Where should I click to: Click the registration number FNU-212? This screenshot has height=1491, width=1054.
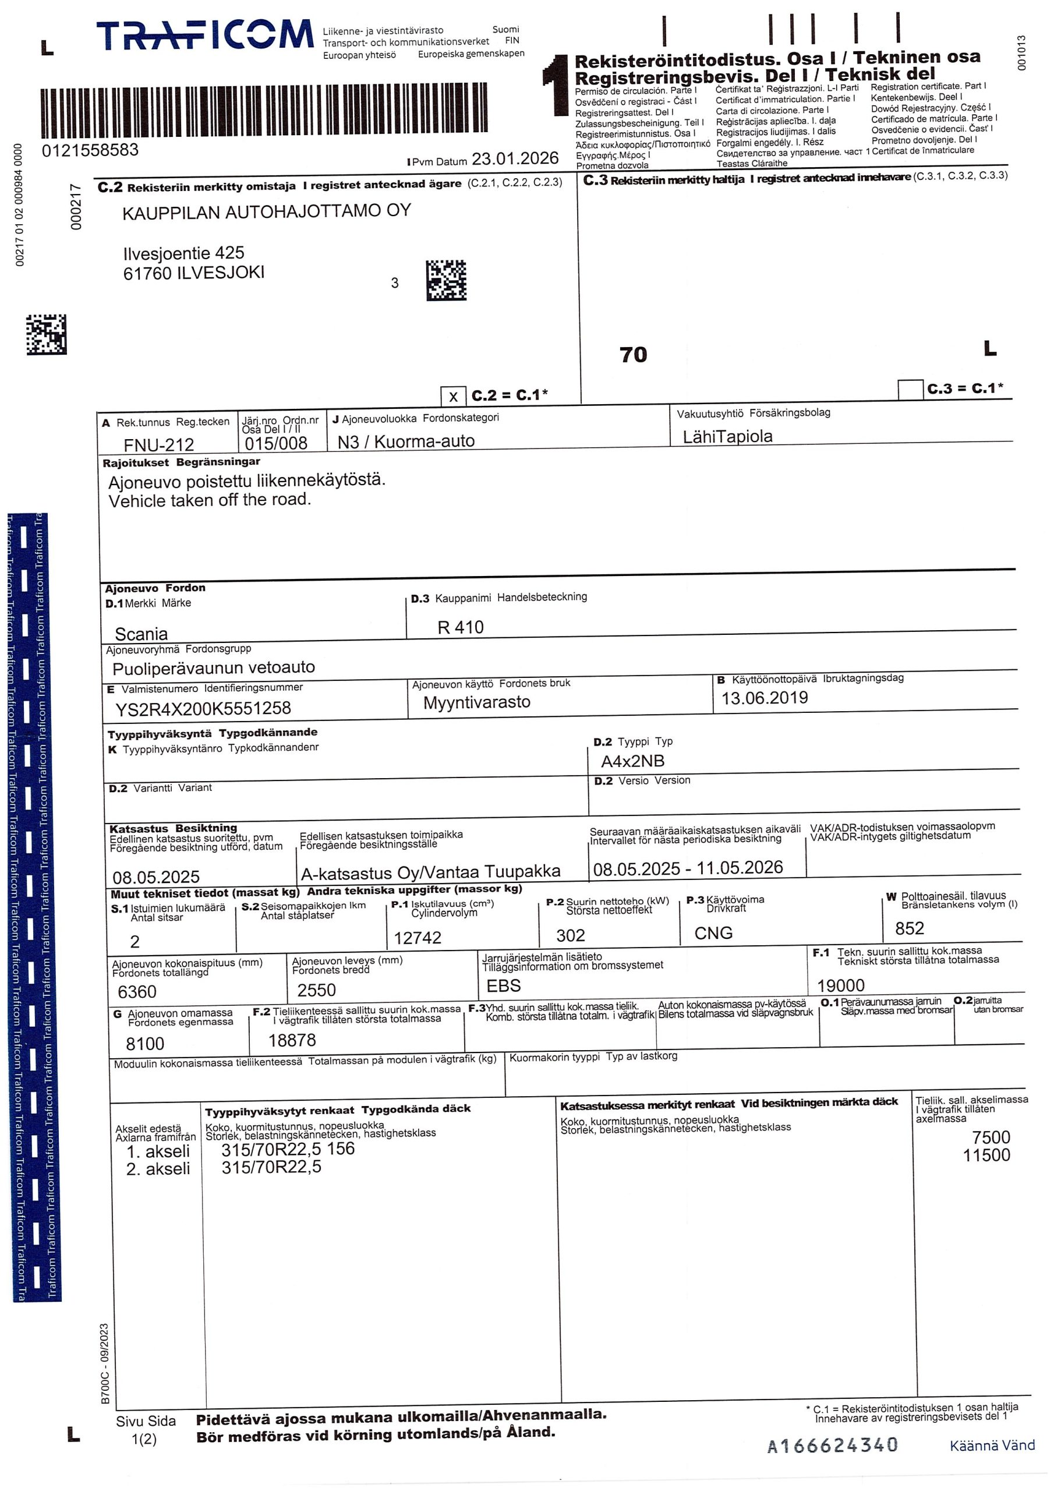click(x=159, y=444)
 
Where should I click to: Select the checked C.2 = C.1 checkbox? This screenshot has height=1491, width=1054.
click(x=453, y=396)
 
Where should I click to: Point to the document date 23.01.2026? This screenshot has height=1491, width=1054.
click(x=515, y=158)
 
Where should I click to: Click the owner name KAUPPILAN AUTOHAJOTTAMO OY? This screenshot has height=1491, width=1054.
click(x=266, y=211)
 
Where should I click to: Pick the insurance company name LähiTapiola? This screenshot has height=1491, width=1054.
click(x=727, y=436)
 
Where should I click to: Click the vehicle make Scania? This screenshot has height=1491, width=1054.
click(x=141, y=633)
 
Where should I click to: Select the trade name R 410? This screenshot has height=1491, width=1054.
click(x=461, y=627)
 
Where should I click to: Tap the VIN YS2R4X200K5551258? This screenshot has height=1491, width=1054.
click(x=203, y=708)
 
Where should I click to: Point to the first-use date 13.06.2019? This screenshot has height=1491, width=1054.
click(x=765, y=698)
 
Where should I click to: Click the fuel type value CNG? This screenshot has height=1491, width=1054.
click(x=713, y=933)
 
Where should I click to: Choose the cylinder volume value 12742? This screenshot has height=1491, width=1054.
click(x=418, y=937)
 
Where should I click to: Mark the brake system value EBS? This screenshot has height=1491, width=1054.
click(x=503, y=986)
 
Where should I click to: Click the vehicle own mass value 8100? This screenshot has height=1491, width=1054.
click(x=145, y=1044)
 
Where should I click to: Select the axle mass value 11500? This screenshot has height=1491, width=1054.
click(x=986, y=1156)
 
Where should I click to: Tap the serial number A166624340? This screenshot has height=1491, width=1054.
click(x=833, y=1445)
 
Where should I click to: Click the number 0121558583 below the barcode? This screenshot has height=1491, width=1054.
click(x=90, y=151)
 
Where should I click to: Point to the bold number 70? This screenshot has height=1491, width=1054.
click(x=633, y=355)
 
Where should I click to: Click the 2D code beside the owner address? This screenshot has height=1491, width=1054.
click(x=446, y=281)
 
